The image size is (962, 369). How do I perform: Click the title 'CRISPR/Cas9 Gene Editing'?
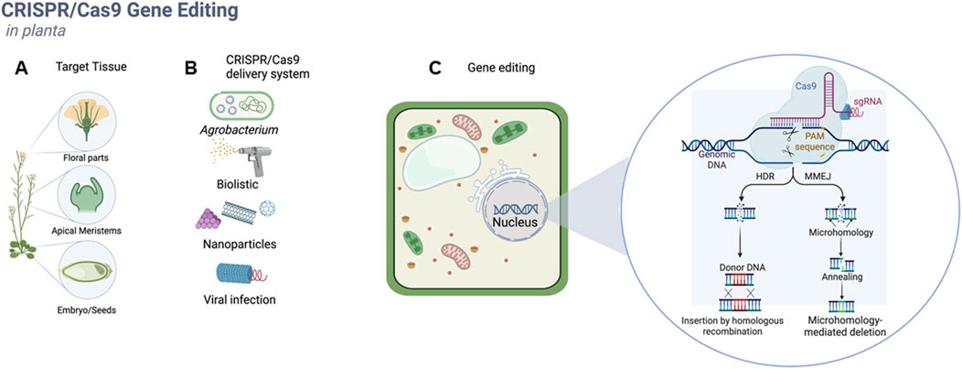tap(120, 13)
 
